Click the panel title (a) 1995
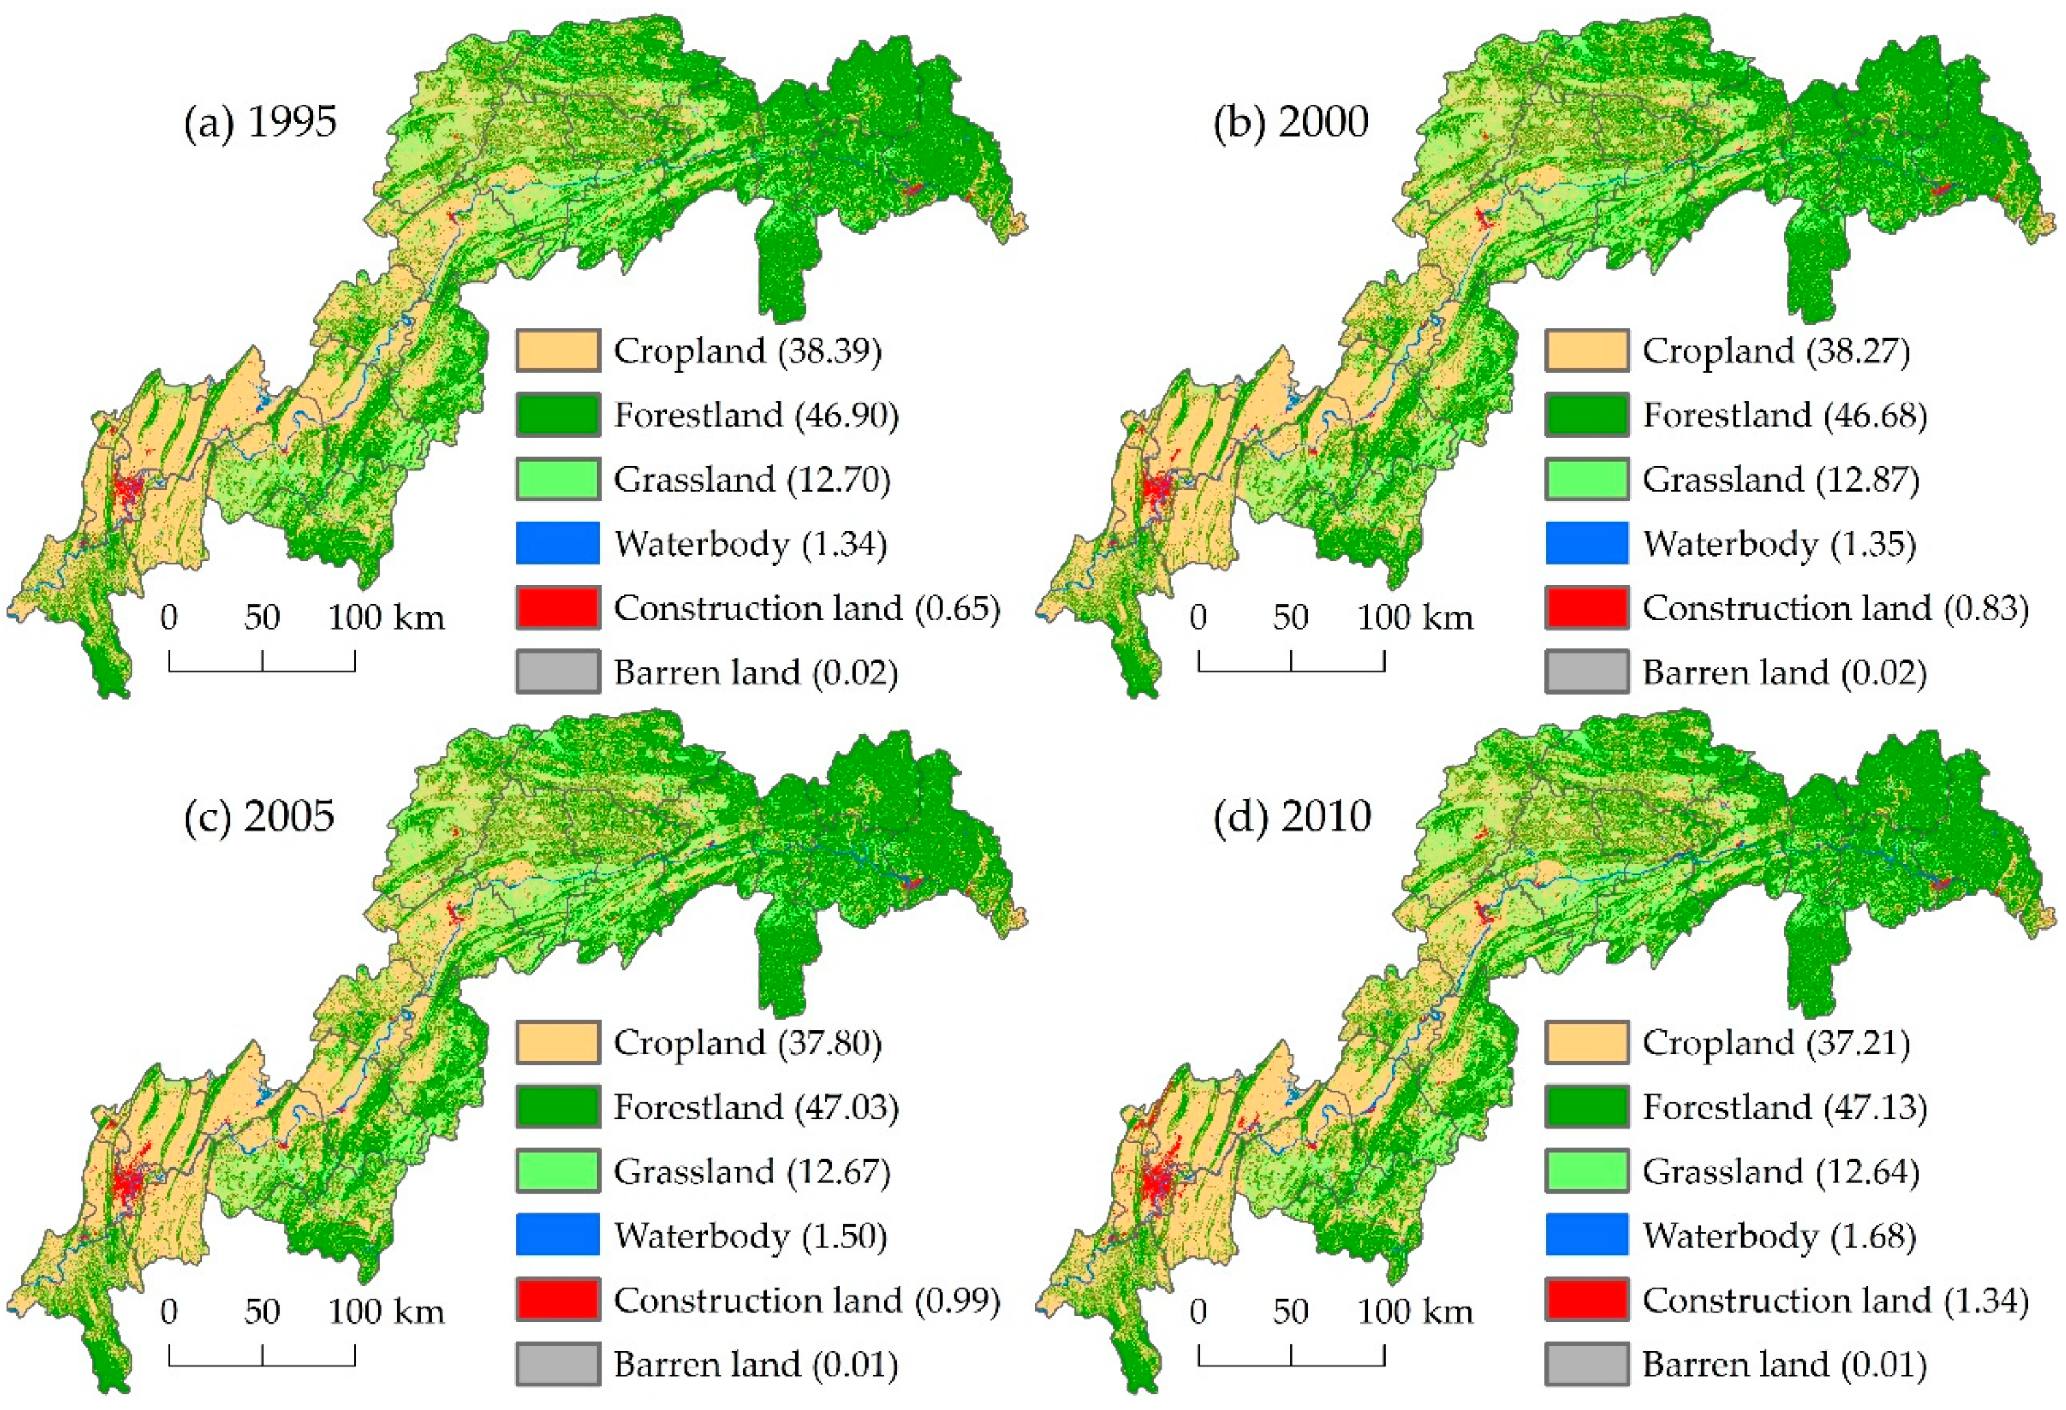click(x=261, y=122)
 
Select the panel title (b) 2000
click(x=1290, y=122)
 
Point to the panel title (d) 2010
click(x=1292, y=815)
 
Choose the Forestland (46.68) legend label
click(x=1784, y=415)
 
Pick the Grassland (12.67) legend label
click(x=751, y=1172)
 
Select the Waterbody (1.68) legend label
click(x=1778, y=1236)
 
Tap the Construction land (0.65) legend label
click(x=806, y=609)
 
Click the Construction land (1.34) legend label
click(x=1835, y=1301)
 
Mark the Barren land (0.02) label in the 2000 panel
click(x=1784, y=673)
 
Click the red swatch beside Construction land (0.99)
click(x=557, y=1300)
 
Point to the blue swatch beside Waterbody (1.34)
click(x=557, y=543)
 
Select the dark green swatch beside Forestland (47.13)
click(x=1587, y=1107)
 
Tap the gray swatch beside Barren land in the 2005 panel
click(x=557, y=1365)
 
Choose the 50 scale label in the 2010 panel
click(x=1290, y=1312)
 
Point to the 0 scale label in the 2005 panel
click(x=169, y=1312)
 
